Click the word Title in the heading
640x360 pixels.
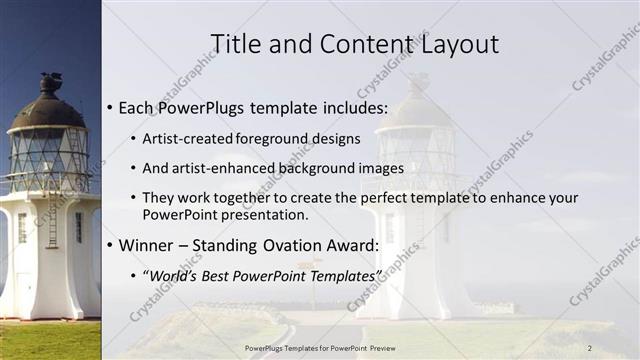pyautogui.click(x=237, y=44)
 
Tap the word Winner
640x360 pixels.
pyautogui.click(x=147, y=245)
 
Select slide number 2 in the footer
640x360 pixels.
pyautogui.click(x=590, y=347)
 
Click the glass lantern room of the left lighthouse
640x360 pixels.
pyautogui.click(x=47, y=155)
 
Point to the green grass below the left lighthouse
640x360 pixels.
pyautogui.click(x=50, y=340)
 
